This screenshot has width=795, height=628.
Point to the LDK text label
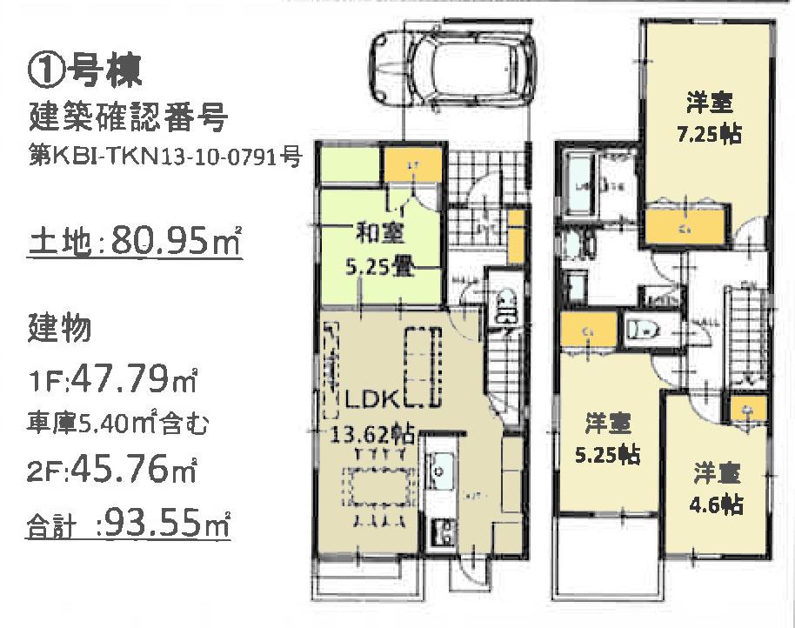coord(370,401)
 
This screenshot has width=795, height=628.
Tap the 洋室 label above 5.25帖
coord(608,424)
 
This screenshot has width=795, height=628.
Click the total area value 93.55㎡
coord(162,524)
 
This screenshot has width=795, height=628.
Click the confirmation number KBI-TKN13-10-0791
coord(165,157)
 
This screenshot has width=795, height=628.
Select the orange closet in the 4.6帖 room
coord(747,409)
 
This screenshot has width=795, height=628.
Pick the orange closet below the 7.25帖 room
coord(684,228)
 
